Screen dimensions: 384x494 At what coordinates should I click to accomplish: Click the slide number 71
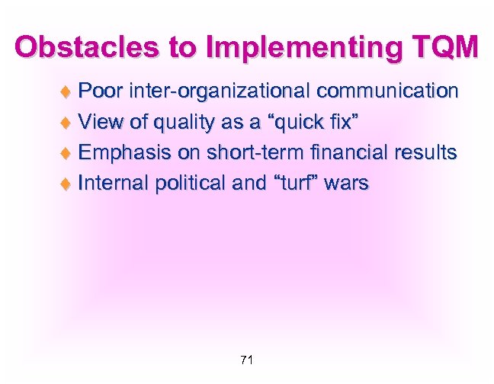(x=246, y=360)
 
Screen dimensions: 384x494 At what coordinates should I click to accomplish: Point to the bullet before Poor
(x=66, y=92)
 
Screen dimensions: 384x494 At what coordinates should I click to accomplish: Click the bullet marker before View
(x=66, y=123)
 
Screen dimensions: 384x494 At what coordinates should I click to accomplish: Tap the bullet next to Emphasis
(x=66, y=153)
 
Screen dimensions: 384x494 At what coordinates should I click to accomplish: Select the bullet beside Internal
(x=66, y=184)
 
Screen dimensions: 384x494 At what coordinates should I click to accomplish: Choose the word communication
(x=387, y=91)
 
